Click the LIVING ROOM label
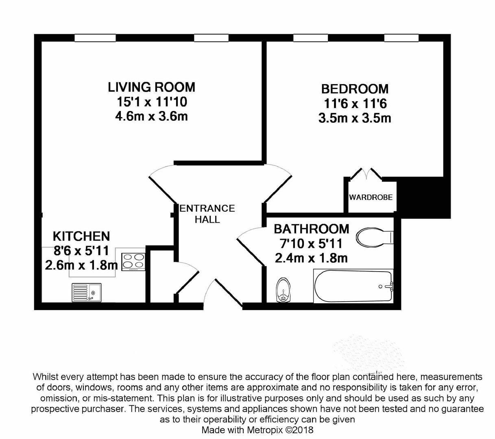(x=151, y=87)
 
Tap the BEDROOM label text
(x=355, y=89)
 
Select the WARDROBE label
(x=371, y=197)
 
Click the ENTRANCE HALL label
(x=207, y=214)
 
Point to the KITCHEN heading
(x=81, y=236)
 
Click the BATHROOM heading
(x=312, y=229)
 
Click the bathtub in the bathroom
(x=353, y=286)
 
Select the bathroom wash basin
(x=283, y=290)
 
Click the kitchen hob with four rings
(x=133, y=262)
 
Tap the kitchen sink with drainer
(x=86, y=293)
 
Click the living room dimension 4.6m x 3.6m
(x=151, y=116)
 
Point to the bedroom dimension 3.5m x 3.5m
(x=355, y=118)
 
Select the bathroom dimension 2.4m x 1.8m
(x=311, y=258)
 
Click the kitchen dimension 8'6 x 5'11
(x=81, y=250)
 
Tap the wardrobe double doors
(x=366, y=174)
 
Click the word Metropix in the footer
(x=265, y=430)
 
